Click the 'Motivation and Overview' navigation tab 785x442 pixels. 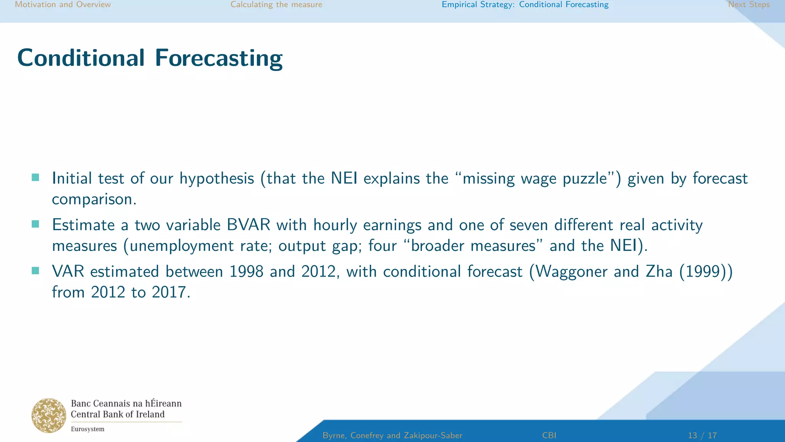pos(63,5)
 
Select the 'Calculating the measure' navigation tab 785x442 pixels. pos(276,5)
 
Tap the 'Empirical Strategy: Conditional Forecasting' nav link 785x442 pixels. pos(525,5)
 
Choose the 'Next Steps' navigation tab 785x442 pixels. pos(749,5)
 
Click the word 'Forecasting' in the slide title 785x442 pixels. pos(218,58)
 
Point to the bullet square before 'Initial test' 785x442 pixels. pos(35,177)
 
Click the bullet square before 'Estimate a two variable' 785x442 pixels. pos(35,224)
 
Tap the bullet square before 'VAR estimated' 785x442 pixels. pos(35,271)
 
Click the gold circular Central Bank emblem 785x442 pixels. pos(49,416)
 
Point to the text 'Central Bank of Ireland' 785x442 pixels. pos(118,414)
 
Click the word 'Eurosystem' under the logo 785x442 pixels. pos(87,429)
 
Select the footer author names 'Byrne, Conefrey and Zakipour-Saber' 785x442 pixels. pos(392,435)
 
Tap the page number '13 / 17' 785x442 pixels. pos(702,435)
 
